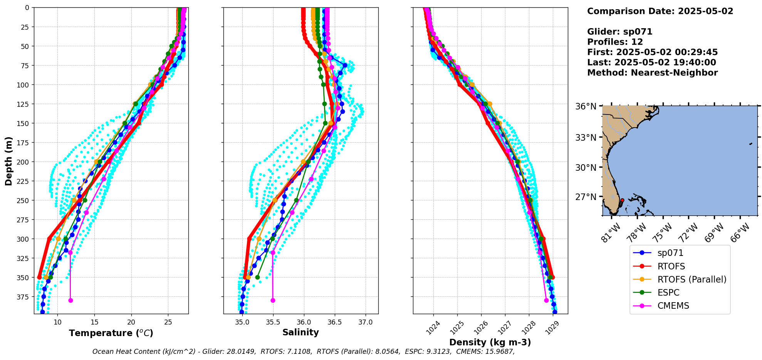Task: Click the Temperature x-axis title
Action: click(111, 333)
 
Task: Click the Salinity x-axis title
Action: click(300, 332)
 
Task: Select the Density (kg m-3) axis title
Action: click(490, 342)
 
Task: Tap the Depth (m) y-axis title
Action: click(8, 161)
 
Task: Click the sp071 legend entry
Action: click(670, 253)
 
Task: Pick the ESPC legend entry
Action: click(668, 293)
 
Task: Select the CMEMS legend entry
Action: click(673, 306)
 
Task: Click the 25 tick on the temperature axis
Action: click(168, 322)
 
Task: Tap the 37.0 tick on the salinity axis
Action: click(365, 322)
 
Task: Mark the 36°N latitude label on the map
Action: click(586, 106)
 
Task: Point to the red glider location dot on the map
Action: click(622, 200)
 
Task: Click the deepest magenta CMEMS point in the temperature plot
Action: click(70, 300)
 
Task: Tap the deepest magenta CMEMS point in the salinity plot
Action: click(273, 300)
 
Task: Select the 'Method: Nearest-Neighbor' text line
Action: click(652, 73)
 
